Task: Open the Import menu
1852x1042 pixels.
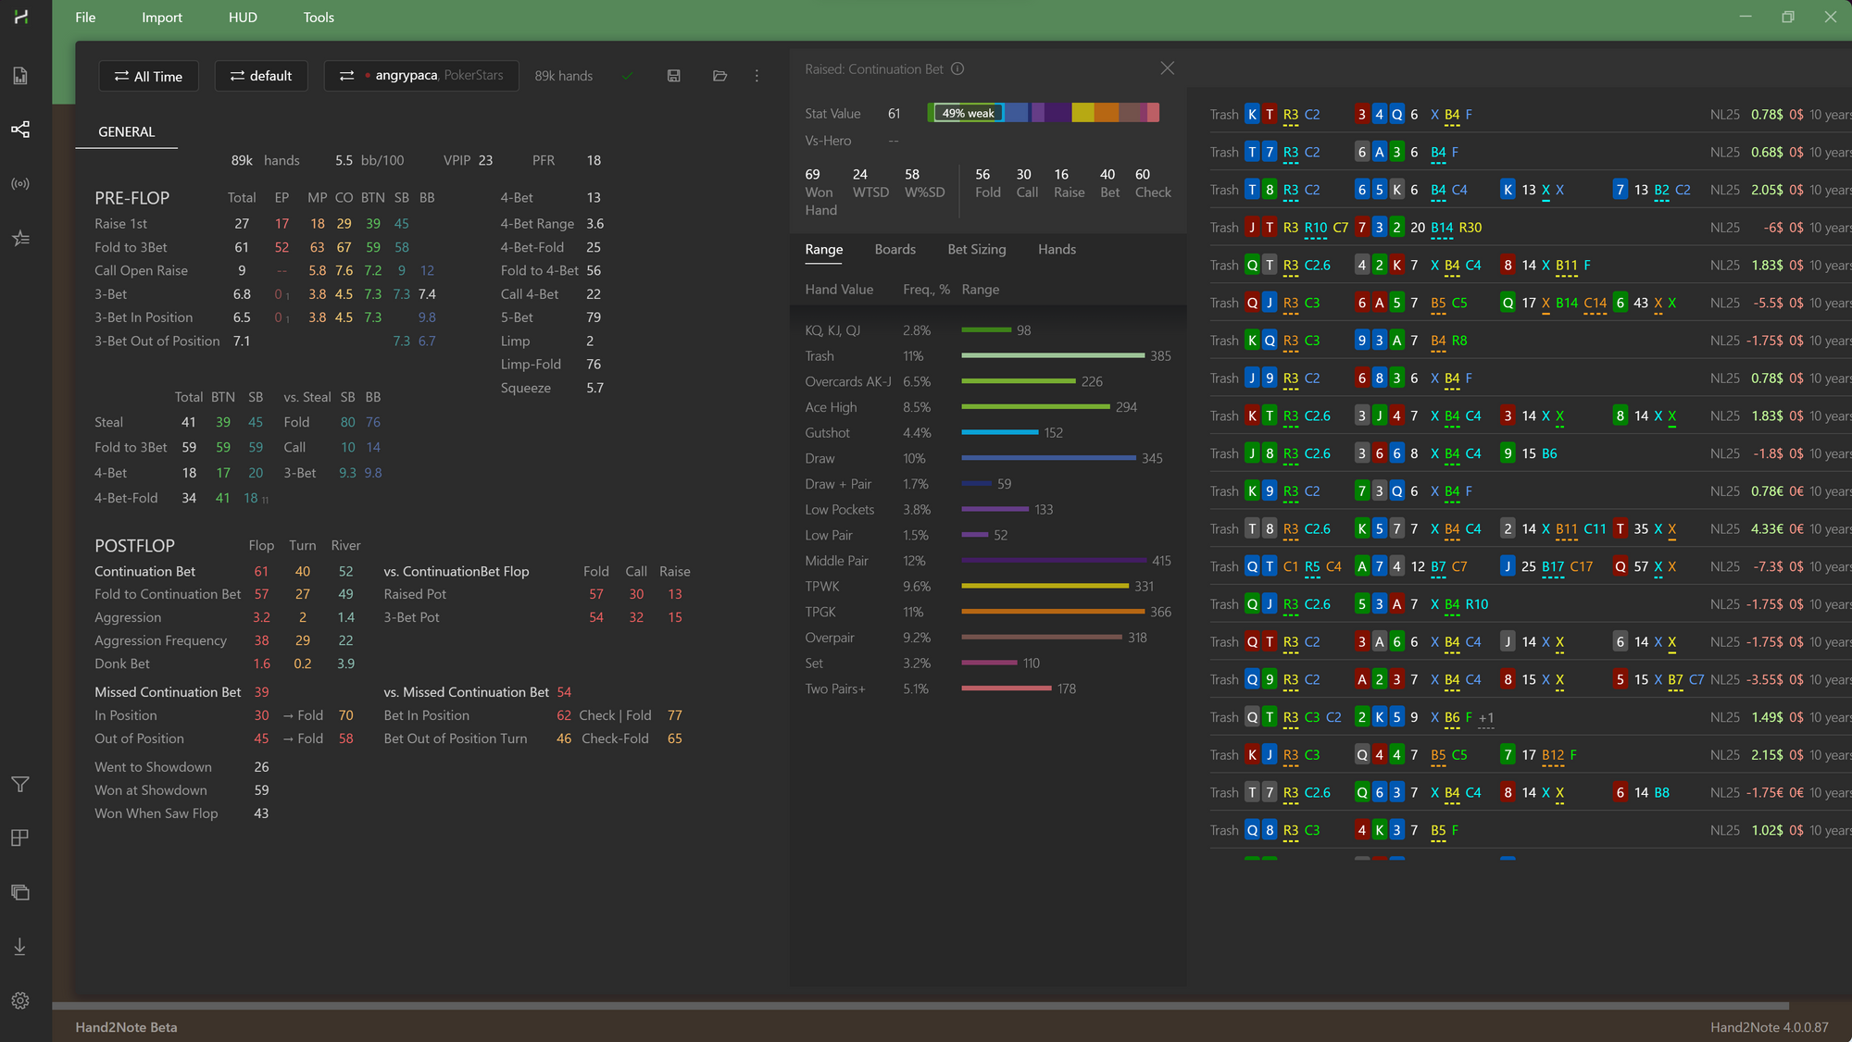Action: coord(161,18)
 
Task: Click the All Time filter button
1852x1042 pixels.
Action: coord(148,76)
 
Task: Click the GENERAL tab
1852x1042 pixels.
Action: coord(127,131)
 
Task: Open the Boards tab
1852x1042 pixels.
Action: coord(895,250)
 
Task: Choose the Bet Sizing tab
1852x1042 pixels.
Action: coord(976,250)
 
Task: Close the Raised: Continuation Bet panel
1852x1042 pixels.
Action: coord(1167,68)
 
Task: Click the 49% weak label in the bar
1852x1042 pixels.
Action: coord(968,113)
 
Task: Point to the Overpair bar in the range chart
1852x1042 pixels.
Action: coord(1042,638)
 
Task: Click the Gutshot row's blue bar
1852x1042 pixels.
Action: coord(999,432)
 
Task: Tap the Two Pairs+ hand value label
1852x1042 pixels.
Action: coord(835,689)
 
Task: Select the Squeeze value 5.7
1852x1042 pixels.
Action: coord(594,389)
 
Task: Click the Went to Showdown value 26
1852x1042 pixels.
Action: coord(262,767)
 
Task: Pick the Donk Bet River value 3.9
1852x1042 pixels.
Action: coord(345,664)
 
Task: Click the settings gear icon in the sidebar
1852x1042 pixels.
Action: coord(20,1000)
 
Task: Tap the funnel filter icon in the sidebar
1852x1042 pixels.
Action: coord(20,785)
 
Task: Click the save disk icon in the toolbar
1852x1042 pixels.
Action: coord(673,76)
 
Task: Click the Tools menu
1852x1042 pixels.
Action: coord(319,18)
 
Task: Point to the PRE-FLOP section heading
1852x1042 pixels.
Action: coord(132,198)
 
